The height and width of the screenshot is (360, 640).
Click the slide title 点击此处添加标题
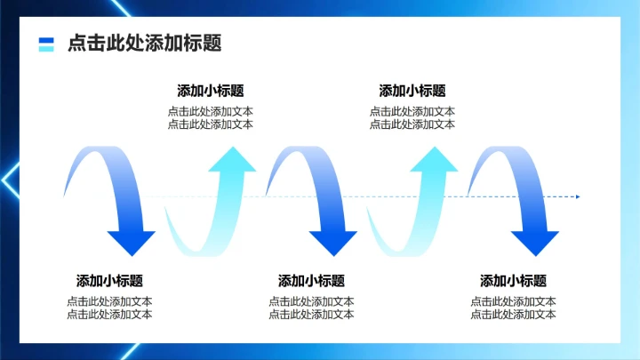pos(144,44)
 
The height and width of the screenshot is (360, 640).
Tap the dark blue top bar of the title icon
pos(46,39)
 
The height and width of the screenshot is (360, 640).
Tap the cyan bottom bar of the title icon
pos(46,48)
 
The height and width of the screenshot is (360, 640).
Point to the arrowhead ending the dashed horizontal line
pos(576,196)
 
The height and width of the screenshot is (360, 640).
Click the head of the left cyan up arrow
pos(232,160)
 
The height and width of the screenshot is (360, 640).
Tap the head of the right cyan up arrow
pos(434,160)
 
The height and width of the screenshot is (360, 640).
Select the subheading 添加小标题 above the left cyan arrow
pos(211,91)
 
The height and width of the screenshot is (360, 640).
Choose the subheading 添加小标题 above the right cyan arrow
pos(412,91)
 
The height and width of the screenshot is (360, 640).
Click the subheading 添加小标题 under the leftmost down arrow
pos(109,280)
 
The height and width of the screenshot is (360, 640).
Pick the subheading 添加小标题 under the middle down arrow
pos(311,280)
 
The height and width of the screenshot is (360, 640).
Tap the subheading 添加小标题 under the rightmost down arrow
pos(513,280)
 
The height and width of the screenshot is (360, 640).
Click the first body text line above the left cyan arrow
pos(211,112)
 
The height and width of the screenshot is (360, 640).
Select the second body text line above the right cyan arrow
pos(412,124)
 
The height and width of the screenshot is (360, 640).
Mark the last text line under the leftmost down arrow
pos(109,314)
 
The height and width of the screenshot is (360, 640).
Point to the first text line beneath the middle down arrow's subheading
pos(311,301)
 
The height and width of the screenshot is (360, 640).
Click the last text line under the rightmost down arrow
pos(513,314)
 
